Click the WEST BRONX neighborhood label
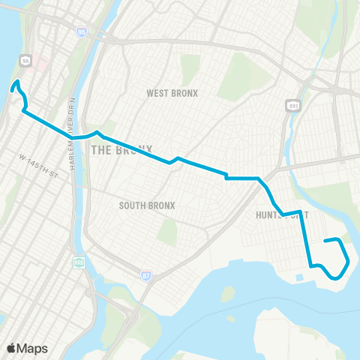click(172, 93)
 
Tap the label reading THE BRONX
click(121, 149)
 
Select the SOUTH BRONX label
click(147, 205)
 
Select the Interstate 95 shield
click(80, 32)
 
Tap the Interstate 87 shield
click(145, 276)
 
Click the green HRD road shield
click(79, 263)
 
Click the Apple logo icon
click(11, 348)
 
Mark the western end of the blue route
click(12, 88)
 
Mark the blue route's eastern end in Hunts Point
click(325, 241)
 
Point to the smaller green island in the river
click(228, 293)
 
